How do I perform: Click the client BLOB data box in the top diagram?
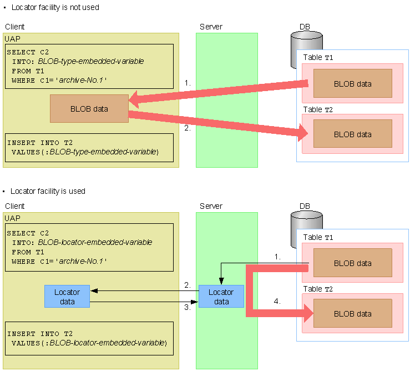coord(89,108)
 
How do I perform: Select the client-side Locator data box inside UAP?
coord(67,297)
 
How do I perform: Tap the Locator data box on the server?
coord(221,297)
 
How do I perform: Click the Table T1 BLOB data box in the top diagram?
coord(353,83)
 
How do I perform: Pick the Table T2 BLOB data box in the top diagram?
coord(353,134)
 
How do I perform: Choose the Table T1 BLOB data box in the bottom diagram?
coord(353,263)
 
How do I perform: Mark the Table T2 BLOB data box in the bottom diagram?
coord(353,313)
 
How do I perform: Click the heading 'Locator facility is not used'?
coord(55,7)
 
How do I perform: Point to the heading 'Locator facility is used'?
coord(48,191)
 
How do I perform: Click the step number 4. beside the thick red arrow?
coord(277,302)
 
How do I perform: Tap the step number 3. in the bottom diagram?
coord(188,307)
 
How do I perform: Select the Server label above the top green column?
coord(211,27)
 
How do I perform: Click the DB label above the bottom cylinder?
coord(305,206)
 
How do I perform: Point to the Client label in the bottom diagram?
coord(14,206)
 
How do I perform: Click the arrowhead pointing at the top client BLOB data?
coord(134,99)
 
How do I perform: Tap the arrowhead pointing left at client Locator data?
coord(94,290)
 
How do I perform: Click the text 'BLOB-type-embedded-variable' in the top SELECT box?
coord(91,61)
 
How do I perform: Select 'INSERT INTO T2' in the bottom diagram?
coord(40,334)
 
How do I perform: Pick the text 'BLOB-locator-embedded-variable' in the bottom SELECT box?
coord(95,242)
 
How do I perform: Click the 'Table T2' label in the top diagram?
coord(318,109)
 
